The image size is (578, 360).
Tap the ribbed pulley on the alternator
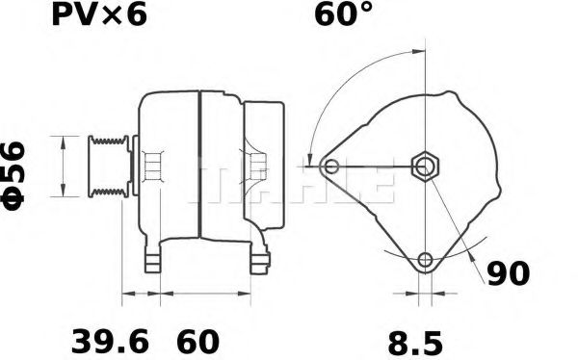[108, 167]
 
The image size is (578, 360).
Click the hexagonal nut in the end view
[425, 167]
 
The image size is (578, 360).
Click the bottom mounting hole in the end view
[425, 260]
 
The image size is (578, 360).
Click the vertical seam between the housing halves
[197, 168]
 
